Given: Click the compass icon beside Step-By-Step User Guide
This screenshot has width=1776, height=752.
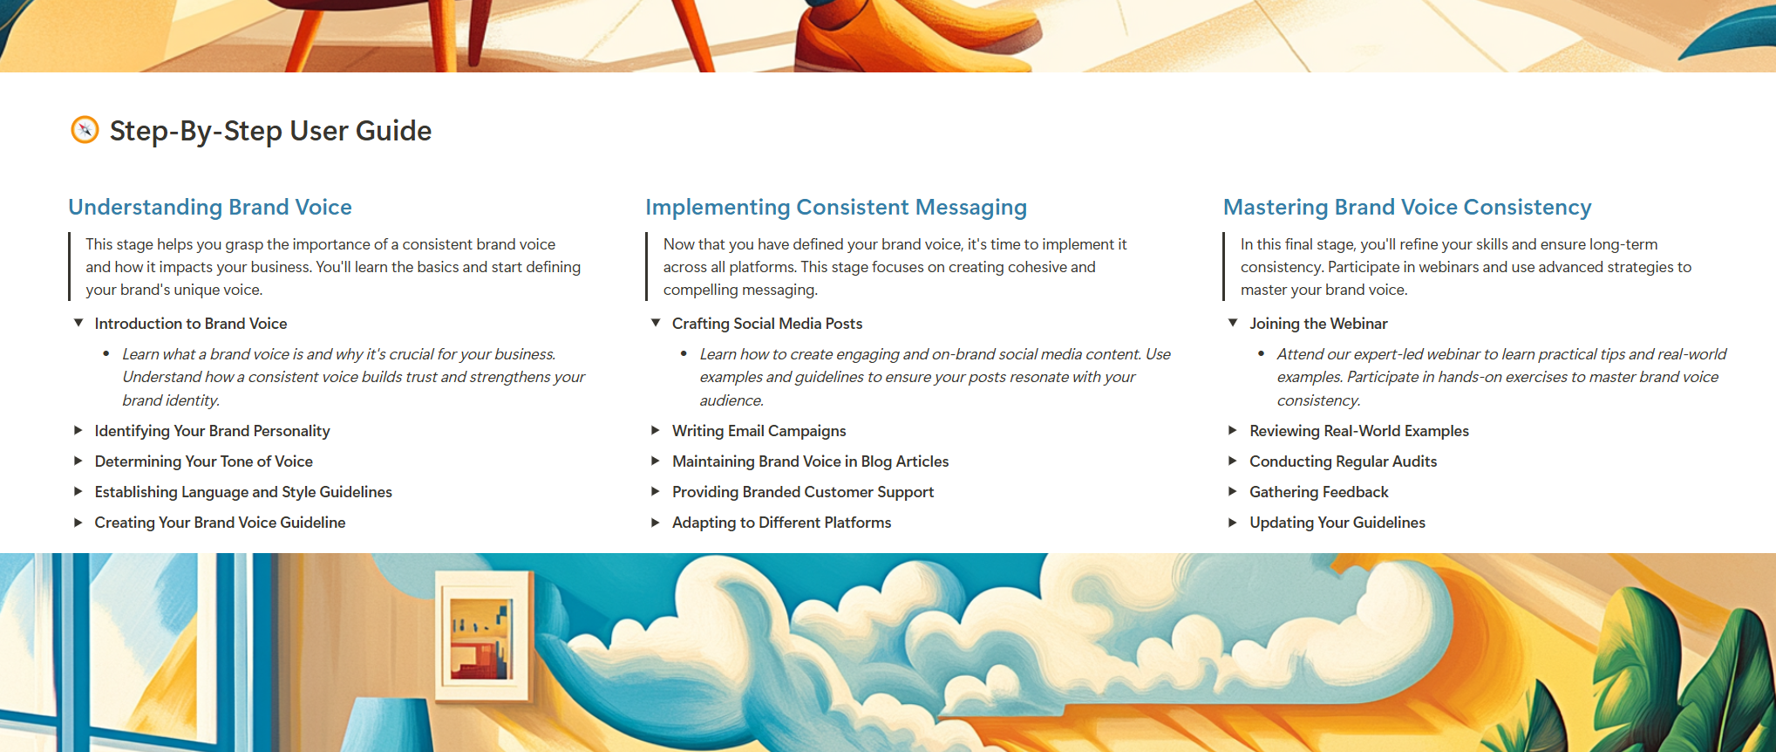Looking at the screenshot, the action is point(85,130).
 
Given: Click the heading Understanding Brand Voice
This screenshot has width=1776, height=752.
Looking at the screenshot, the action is point(210,207).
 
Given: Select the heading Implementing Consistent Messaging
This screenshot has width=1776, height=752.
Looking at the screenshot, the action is point(836,207).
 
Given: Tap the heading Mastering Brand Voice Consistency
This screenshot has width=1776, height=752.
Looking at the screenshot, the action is point(1407,207).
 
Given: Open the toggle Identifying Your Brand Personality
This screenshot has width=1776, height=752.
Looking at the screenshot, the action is point(212,431).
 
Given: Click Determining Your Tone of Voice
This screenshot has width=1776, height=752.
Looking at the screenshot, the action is point(203,461).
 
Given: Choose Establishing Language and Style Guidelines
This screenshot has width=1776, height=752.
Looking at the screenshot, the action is point(243,492).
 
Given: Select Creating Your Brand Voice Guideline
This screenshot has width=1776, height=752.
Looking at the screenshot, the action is point(220,523).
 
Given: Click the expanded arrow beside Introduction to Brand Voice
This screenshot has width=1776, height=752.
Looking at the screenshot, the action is point(78,323).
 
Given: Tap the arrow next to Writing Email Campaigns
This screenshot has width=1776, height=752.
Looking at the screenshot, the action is point(656,430).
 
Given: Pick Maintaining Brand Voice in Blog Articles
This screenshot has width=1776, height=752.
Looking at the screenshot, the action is point(810,461).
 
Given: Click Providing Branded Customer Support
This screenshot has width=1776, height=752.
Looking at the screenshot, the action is point(803,492).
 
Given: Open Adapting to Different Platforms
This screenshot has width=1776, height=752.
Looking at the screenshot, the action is point(781,523).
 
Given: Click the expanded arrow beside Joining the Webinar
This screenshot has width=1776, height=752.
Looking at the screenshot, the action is point(1233,323).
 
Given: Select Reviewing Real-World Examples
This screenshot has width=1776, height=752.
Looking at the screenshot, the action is point(1359,431).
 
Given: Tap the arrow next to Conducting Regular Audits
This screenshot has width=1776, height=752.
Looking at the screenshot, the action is point(1233,461).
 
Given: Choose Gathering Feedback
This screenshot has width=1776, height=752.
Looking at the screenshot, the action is point(1318,492).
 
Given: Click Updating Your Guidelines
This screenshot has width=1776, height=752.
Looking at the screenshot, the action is point(1337,523).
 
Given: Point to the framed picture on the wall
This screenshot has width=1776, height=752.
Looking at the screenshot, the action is point(482,636).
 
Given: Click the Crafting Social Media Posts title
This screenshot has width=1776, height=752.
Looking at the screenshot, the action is point(767,324).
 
